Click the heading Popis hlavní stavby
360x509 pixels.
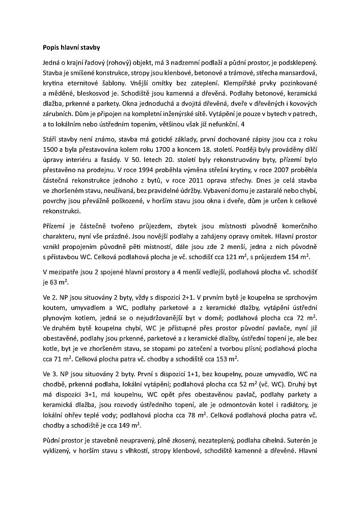tap(71, 48)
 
